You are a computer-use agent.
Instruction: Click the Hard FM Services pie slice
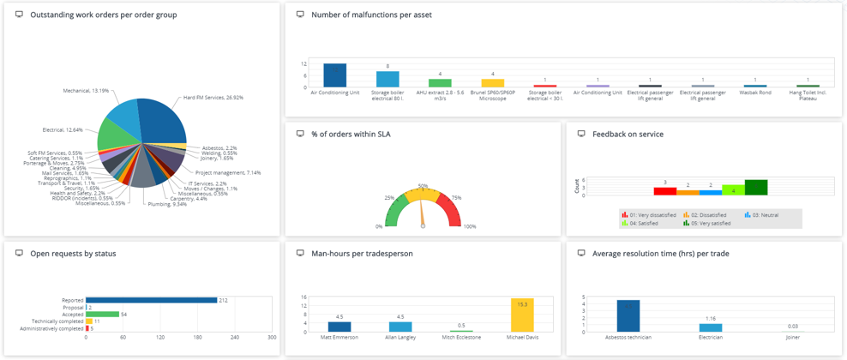click(x=163, y=120)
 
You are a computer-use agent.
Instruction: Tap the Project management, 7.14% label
click(x=228, y=172)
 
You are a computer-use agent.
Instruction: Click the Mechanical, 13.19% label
click(x=86, y=91)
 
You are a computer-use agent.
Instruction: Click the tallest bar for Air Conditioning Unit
click(x=334, y=75)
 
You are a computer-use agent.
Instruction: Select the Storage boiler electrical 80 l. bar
click(x=387, y=79)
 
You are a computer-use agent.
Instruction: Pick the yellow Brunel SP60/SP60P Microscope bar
click(x=492, y=83)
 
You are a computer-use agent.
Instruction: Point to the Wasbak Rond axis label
click(x=754, y=93)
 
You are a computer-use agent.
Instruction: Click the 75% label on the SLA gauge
click(x=456, y=198)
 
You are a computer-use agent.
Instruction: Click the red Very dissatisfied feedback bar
click(x=665, y=191)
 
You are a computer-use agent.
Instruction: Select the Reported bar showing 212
click(x=151, y=300)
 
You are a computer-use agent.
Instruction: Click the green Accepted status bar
click(x=102, y=315)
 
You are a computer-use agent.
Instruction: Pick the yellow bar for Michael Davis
click(x=521, y=315)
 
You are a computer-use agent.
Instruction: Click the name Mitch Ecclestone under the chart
click(x=461, y=338)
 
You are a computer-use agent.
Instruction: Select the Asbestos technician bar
click(x=628, y=315)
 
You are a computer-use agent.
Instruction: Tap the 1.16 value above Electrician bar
click(x=711, y=319)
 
